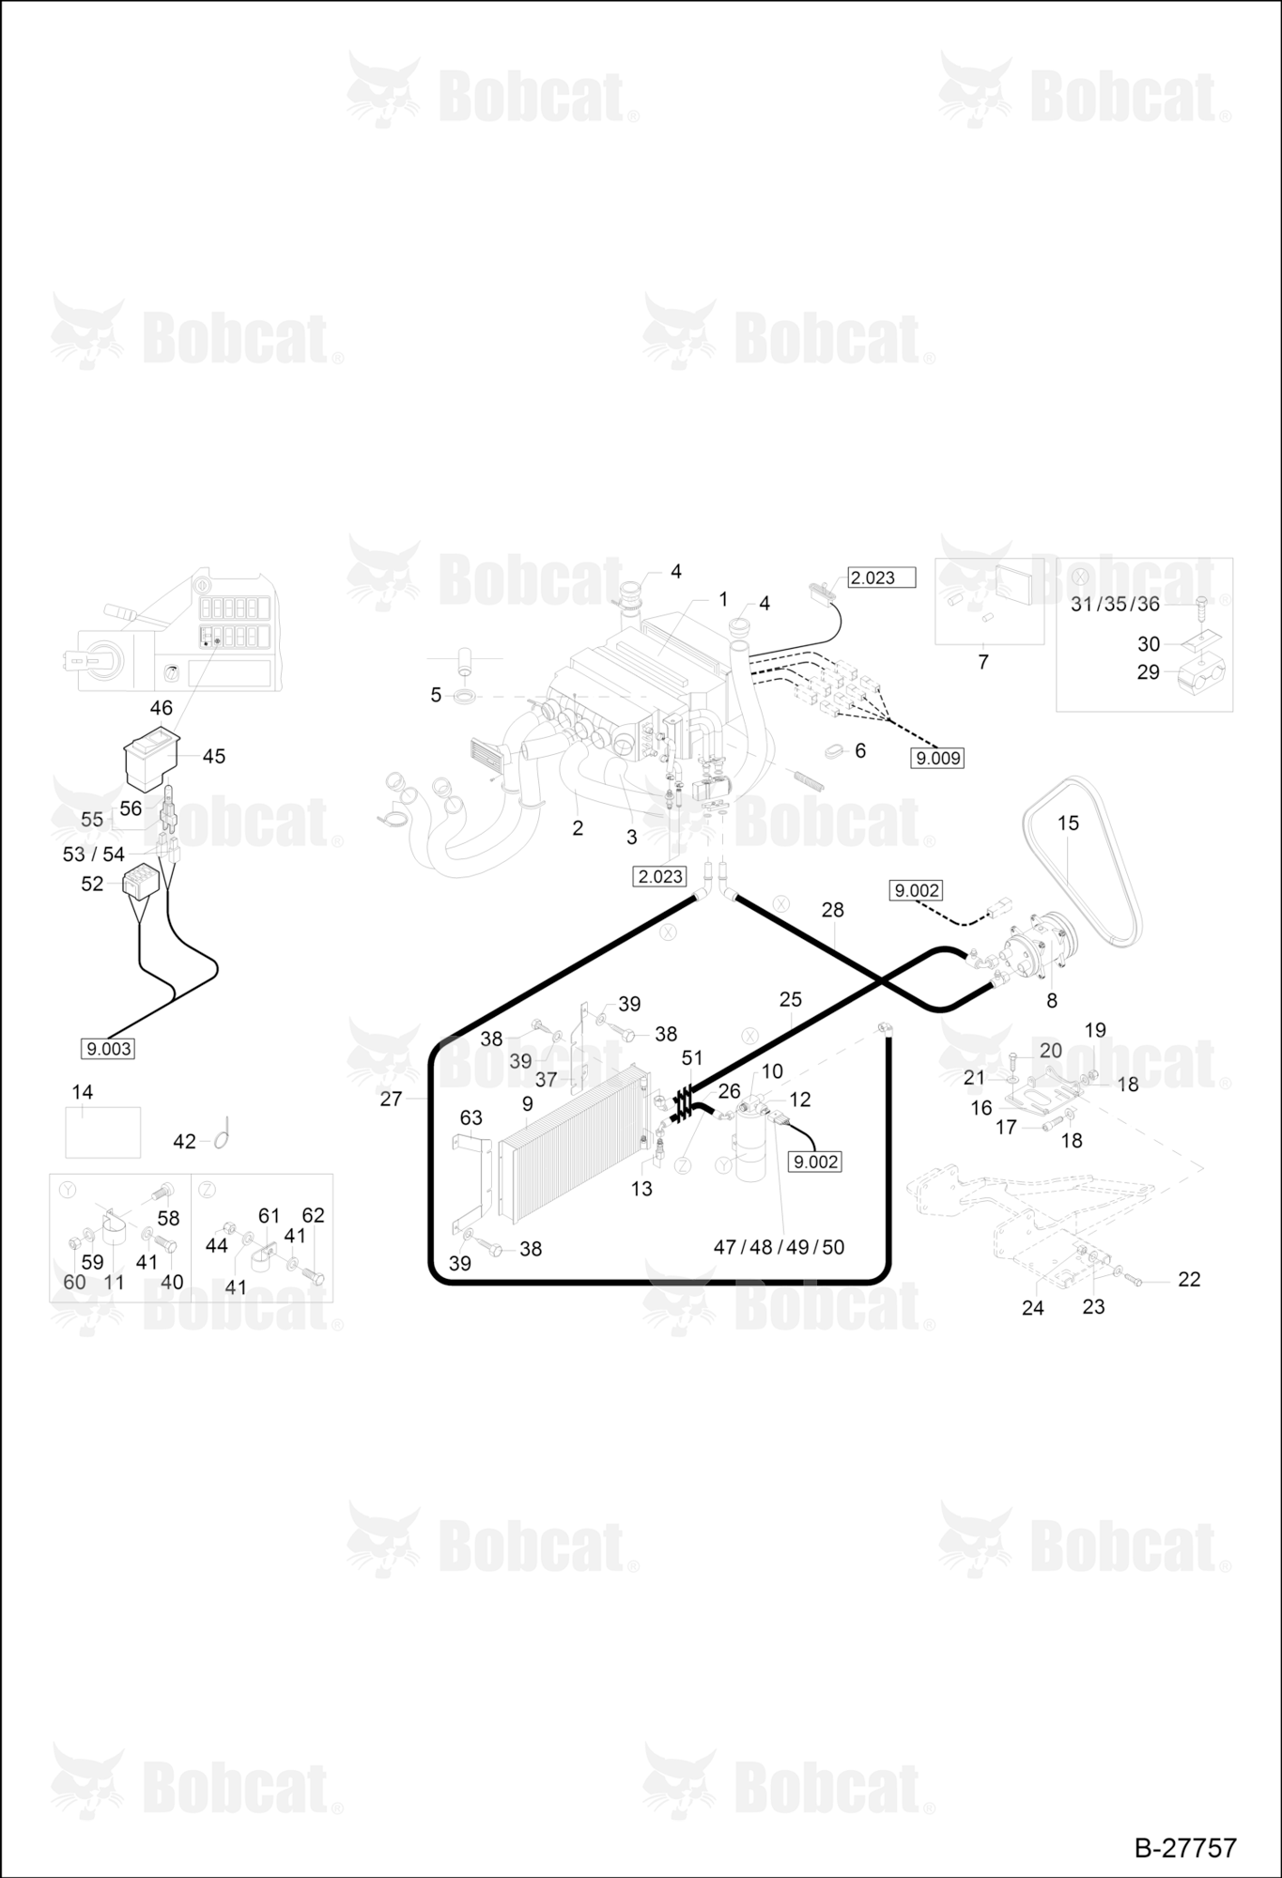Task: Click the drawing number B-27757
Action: pos(1185,1847)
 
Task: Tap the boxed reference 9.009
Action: pos(937,758)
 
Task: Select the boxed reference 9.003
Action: pos(108,1049)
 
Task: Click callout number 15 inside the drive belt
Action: pos(1068,823)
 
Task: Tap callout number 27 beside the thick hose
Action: pos(391,1099)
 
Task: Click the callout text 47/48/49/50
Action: pos(779,1247)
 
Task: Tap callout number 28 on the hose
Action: pos(832,910)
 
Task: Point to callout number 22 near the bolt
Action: pos(1189,1279)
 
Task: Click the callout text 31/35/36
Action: pos(1115,604)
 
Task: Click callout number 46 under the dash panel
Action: pos(161,708)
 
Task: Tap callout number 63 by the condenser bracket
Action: pos(471,1117)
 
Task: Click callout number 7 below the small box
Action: pos(982,662)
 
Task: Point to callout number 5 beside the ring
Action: pos(436,695)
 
